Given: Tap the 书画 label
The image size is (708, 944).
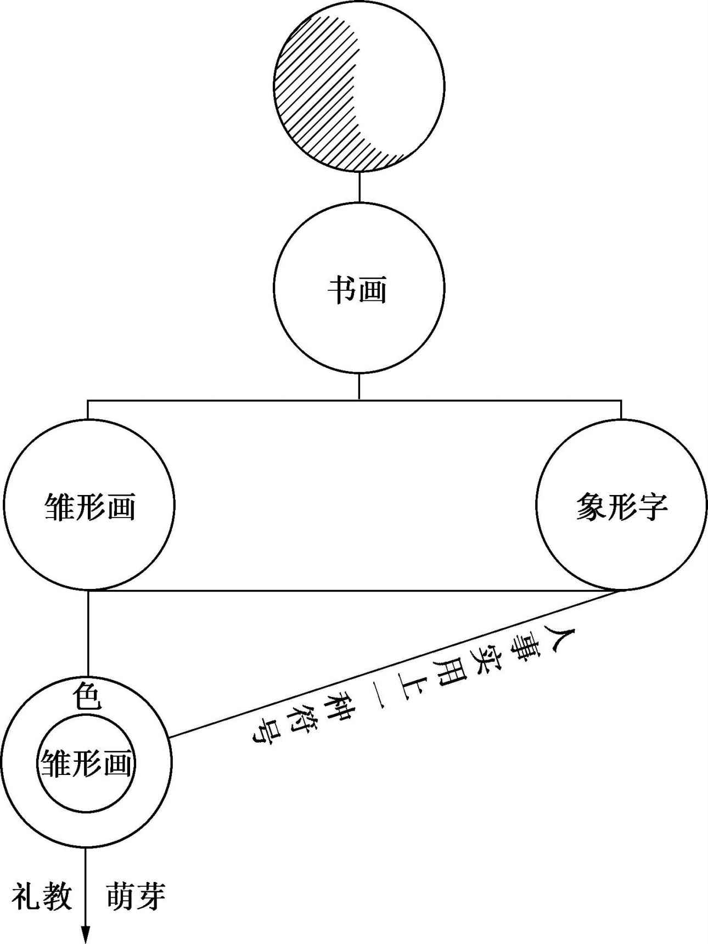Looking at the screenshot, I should tap(358, 289).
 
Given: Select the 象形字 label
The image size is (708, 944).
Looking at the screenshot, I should tap(621, 505).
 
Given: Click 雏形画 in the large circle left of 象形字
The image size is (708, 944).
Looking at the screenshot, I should tap(89, 505).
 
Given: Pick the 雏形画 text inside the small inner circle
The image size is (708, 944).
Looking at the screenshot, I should tap(86, 763).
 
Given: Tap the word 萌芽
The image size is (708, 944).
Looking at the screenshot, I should tap(135, 896).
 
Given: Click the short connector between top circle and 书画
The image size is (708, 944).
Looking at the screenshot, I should tap(359, 187).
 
